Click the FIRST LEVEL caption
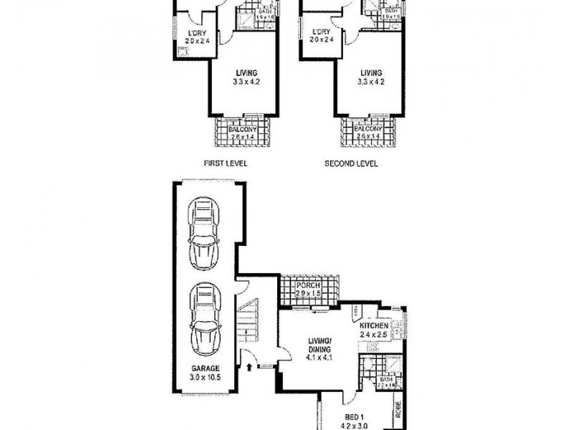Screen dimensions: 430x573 point(226,163)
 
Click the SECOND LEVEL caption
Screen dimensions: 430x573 point(352,163)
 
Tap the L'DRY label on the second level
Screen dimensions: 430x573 point(321,32)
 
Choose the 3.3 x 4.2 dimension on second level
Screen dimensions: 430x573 point(371,82)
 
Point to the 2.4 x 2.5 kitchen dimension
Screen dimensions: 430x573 point(374,335)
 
